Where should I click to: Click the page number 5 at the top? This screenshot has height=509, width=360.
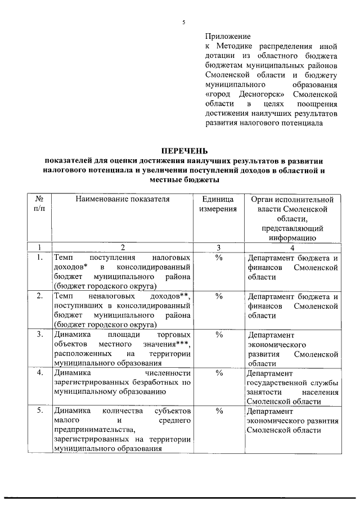(x=183, y=22)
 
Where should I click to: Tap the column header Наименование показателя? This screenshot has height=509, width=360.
(x=123, y=199)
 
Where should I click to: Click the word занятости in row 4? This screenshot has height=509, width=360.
(x=265, y=391)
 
